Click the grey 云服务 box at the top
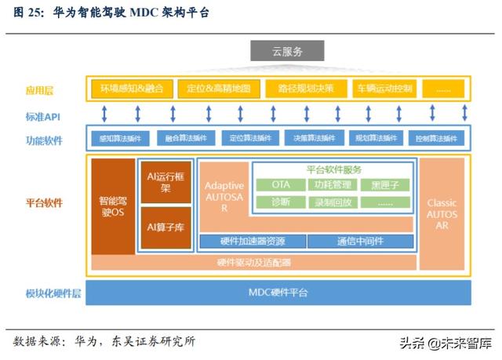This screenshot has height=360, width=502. [x=286, y=52]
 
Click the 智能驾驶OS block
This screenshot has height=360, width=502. [x=113, y=206]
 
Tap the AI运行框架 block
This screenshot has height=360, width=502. [x=166, y=183]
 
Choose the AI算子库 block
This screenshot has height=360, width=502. [x=166, y=227]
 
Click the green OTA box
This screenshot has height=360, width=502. [x=280, y=185]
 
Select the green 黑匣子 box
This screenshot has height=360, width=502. [x=385, y=185]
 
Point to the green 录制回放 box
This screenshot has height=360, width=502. [x=333, y=202]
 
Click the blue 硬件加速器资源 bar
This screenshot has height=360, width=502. [x=252, y=241]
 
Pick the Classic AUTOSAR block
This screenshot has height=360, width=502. [x=442, y=213]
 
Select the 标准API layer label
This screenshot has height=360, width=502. [x=43, y=116]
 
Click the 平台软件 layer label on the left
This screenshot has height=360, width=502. [x=44, y=203]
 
